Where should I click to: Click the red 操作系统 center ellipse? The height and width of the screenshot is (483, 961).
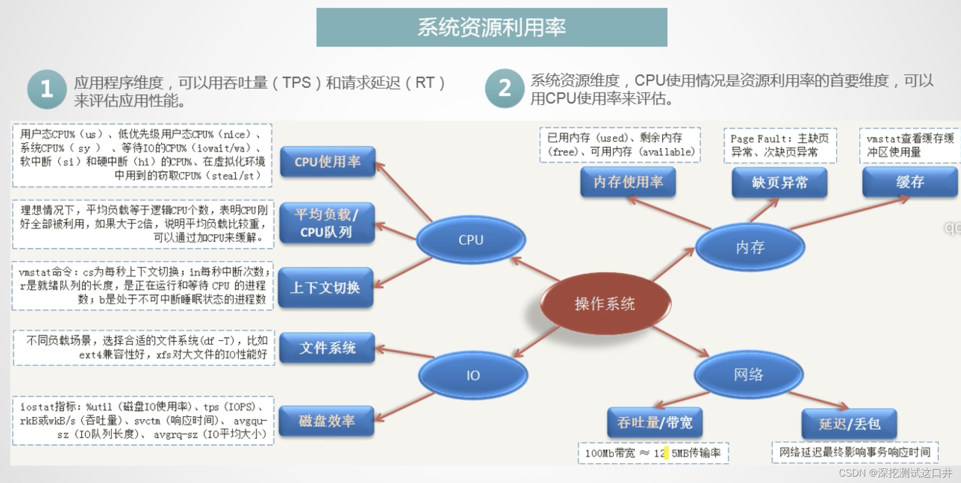click(x=605, y=304)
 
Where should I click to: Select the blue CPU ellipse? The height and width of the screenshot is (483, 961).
click(x=471, y=240)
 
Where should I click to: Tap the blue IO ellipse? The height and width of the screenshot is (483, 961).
click(x=473, y=375)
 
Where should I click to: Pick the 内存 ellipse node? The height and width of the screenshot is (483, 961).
click(x=750, y=247)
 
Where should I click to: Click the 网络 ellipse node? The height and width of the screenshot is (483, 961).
click(x=748, y=375)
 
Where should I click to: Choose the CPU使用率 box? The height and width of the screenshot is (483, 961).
click(x=327, y=161)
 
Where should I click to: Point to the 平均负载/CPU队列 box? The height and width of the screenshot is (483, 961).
click(x=327, y=223)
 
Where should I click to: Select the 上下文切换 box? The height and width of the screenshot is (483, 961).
click(x=326, y=288)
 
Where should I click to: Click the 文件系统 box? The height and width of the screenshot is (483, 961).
click(x=327, y=348)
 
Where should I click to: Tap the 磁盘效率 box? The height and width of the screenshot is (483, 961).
click(x=327, y=421)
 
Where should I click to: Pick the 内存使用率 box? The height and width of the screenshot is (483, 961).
click(x=628, y=182)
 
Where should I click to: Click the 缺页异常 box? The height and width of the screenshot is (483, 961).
click(x=779, y=183)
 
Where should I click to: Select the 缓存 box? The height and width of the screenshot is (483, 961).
click(x=910, y=182)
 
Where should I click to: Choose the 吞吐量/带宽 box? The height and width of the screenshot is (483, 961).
click(x=654, y=423)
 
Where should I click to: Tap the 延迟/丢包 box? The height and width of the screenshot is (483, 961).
click(x=849, y=424)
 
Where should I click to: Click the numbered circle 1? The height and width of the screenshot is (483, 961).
click(x=47, y=89)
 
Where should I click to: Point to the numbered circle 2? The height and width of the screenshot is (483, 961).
click(x=505, y=88)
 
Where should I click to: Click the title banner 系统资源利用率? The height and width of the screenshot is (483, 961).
click(x=492, y=27)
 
